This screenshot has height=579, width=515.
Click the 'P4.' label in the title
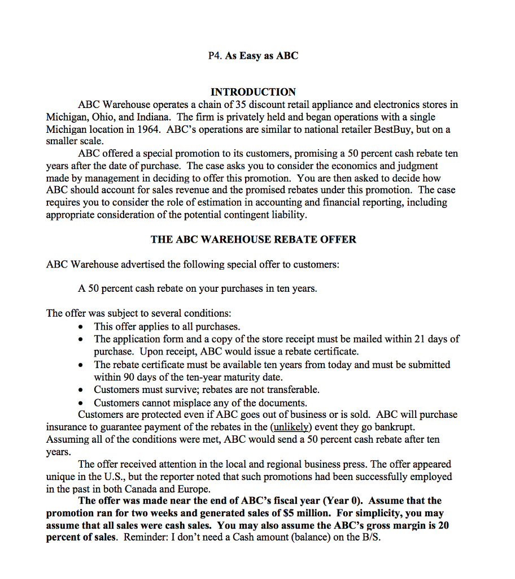click(x=215, y=55)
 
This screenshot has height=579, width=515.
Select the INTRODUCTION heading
click(x=253, y=92)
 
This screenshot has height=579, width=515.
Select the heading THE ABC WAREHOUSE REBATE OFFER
click(x=253, y=239)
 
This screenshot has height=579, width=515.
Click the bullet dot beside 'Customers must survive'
click(x=84, y=390)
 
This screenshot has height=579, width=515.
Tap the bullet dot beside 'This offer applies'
click(x=84, y=327)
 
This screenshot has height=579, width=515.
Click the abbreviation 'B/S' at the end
click(x=372, y=537)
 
